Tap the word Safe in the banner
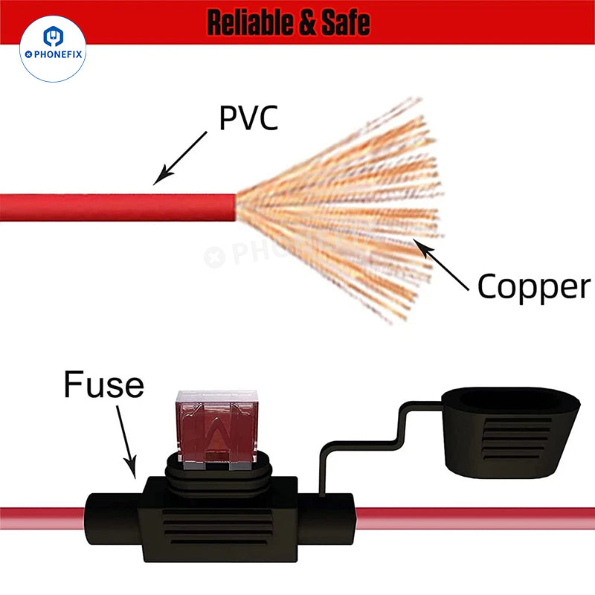[346, 23]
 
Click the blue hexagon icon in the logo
[53, 36]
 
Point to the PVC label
[248, 118]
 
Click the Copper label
[534, 287]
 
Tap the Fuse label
[103, 384]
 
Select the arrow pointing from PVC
[180, 158]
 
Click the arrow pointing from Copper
[441, 265]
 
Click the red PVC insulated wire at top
[118, 208]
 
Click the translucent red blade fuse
[216, 429]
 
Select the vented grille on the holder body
[217, 527]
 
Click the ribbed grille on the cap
[516, 439]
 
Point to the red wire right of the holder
[475, 518]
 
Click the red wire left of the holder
[42, 518]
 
